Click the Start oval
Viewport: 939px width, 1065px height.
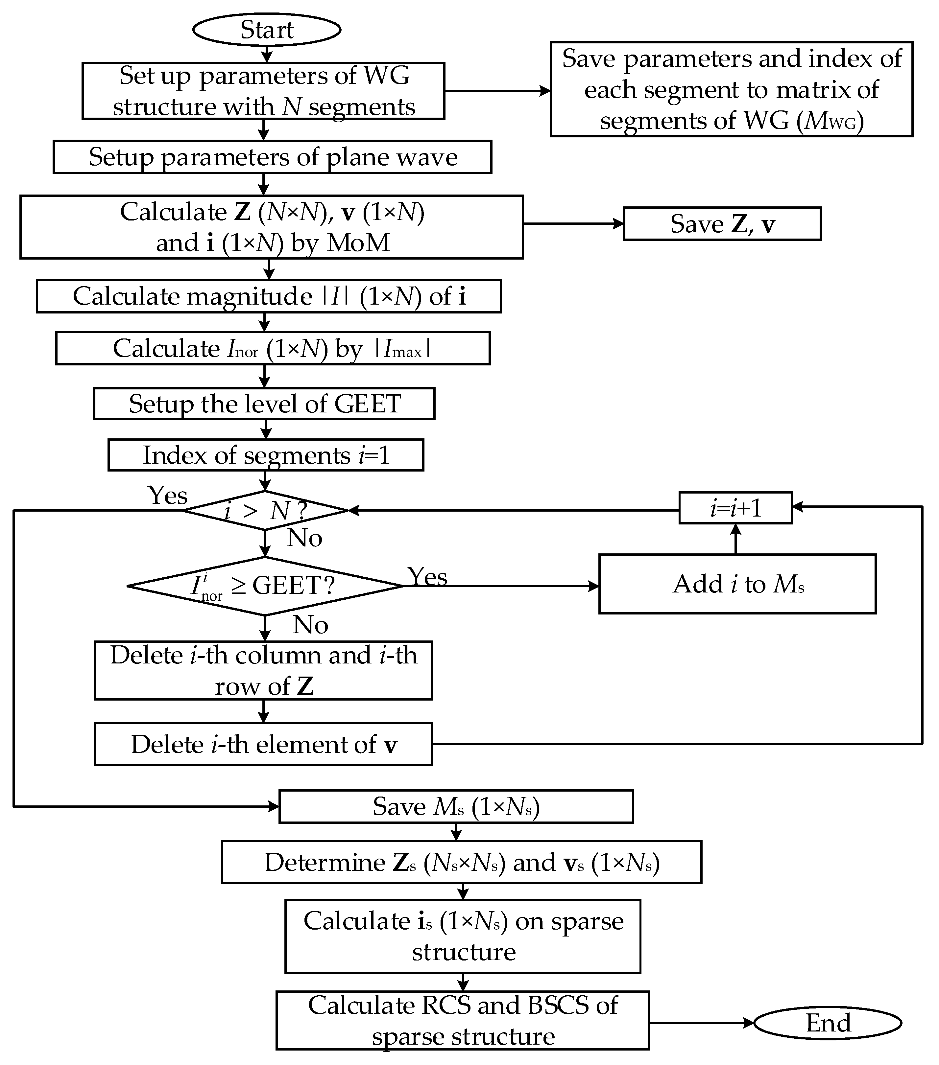tap(266, 30)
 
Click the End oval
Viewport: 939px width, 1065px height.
tap(828, 1023)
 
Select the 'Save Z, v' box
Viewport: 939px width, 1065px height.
tap(722, 224)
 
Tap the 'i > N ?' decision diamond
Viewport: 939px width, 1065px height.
tap(265, 511)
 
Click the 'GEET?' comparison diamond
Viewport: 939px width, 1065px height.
tap(265, 586)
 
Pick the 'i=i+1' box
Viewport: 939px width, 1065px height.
tap(735, 507)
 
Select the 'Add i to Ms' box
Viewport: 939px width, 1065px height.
tap(737, 584)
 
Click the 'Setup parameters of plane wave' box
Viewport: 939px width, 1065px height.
tap(272, 157)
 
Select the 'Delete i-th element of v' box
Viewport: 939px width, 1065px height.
tap(263, 744)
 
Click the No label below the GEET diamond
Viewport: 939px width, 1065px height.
tap(310, 625)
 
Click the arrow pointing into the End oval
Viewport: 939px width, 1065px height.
tap(701, 1023)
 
